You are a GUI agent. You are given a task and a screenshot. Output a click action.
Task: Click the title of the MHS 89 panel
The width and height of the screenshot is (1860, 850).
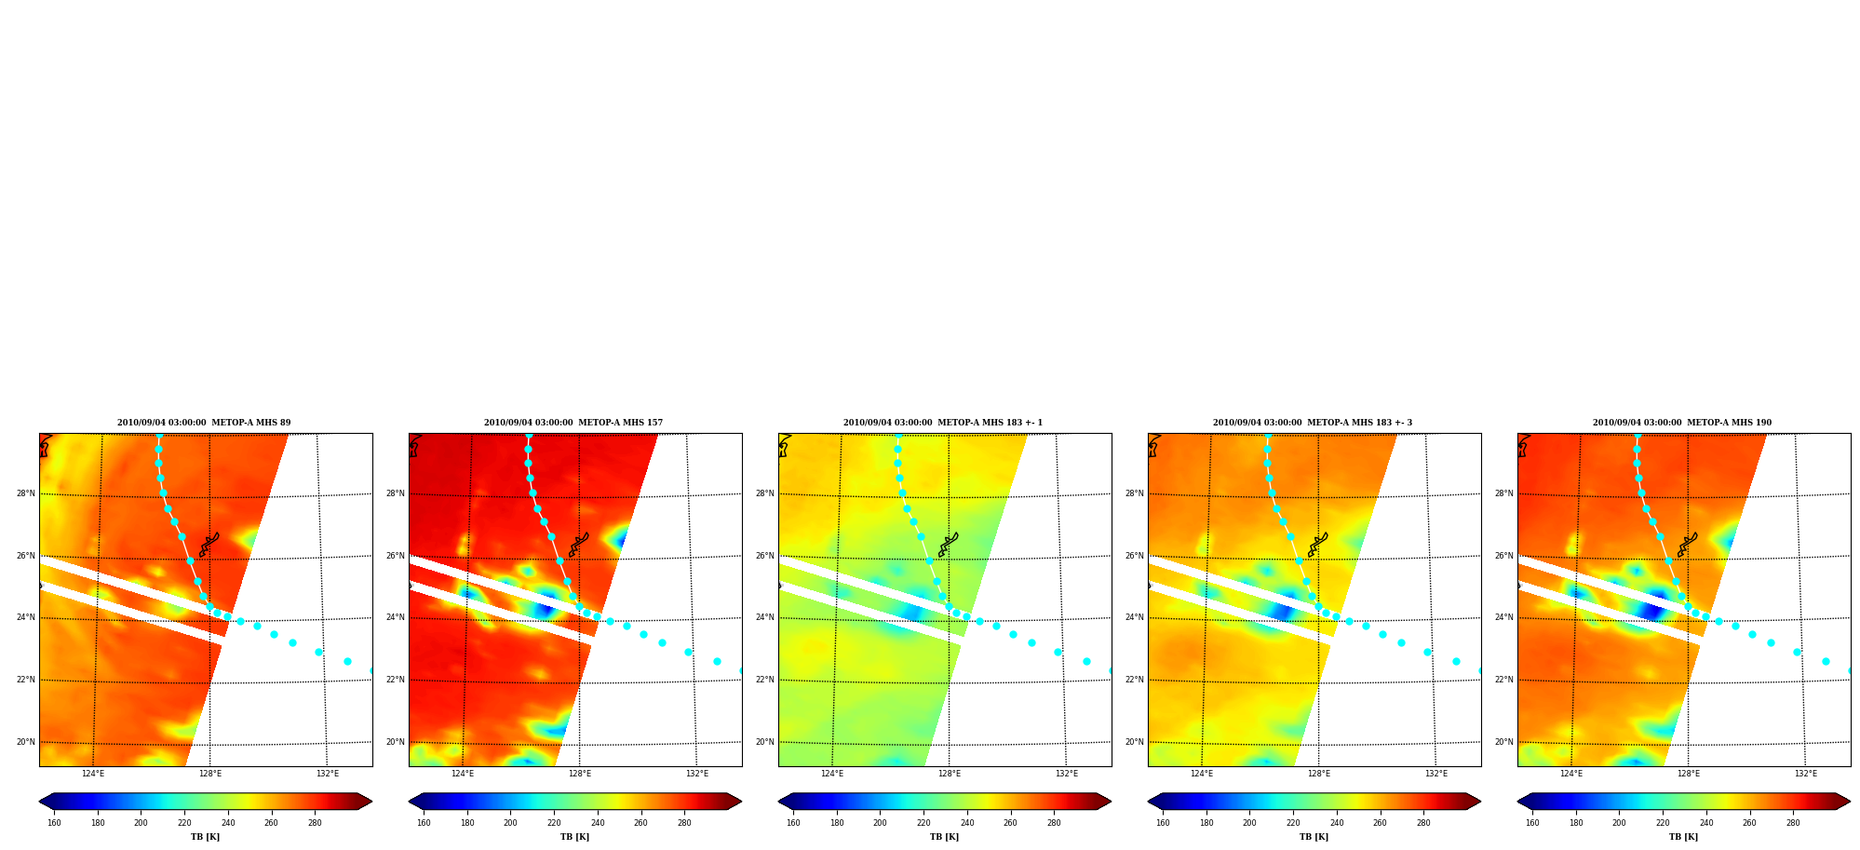[x=204, y=423]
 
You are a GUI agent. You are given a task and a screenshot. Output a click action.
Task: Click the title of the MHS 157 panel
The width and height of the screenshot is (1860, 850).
[x=573, y=423]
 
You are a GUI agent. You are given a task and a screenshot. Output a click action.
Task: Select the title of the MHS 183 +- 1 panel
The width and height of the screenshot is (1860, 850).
[x=943, y=423]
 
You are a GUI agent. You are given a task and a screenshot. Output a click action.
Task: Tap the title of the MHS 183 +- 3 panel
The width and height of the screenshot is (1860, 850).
[x=1313, y=423]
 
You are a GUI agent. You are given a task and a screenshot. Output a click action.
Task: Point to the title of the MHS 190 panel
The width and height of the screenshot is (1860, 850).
[x=1682, y=423]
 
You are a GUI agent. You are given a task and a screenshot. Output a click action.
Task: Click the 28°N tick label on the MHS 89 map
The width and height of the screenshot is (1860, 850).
[x=26, y=493]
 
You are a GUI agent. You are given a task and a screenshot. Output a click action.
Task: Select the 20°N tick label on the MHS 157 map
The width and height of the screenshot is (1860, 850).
[x=396, y=742]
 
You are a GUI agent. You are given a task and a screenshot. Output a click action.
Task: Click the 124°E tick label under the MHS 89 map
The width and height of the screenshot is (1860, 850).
[x=93, y=774]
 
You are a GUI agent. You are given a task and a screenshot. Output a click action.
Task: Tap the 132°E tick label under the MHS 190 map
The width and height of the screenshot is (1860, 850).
[x=1806, y=774]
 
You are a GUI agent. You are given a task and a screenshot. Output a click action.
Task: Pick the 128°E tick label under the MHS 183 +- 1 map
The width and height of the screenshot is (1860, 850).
[x=950, y=774]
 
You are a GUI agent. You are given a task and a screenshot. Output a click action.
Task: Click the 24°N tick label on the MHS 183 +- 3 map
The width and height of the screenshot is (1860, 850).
[x=1135, y=617]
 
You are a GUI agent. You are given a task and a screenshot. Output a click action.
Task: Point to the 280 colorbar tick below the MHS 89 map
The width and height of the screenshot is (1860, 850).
[x=315, y=823]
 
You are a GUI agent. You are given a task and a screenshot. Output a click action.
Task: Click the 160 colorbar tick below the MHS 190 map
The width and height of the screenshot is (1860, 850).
[x=1532, y=823]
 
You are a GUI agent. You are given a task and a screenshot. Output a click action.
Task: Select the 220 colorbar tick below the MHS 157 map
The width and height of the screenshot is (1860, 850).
[x=554, y=823]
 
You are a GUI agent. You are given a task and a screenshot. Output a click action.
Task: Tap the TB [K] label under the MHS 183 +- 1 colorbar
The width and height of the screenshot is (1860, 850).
[x=944, y=837]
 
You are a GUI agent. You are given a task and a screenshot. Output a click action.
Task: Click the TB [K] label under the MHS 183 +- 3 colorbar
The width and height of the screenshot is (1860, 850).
[x=1314, y=837]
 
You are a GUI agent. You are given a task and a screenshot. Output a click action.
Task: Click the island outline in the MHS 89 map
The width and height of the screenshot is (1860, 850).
[x=209, y=545]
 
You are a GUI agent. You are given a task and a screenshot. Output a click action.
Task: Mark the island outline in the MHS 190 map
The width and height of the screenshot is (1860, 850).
[x=1688, y=545]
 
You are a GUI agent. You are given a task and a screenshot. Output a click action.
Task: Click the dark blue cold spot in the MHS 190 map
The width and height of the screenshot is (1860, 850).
[x=1653, y=612]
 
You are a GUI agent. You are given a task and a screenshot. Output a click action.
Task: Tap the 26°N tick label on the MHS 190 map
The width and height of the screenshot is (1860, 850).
[x=1504, y=556]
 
